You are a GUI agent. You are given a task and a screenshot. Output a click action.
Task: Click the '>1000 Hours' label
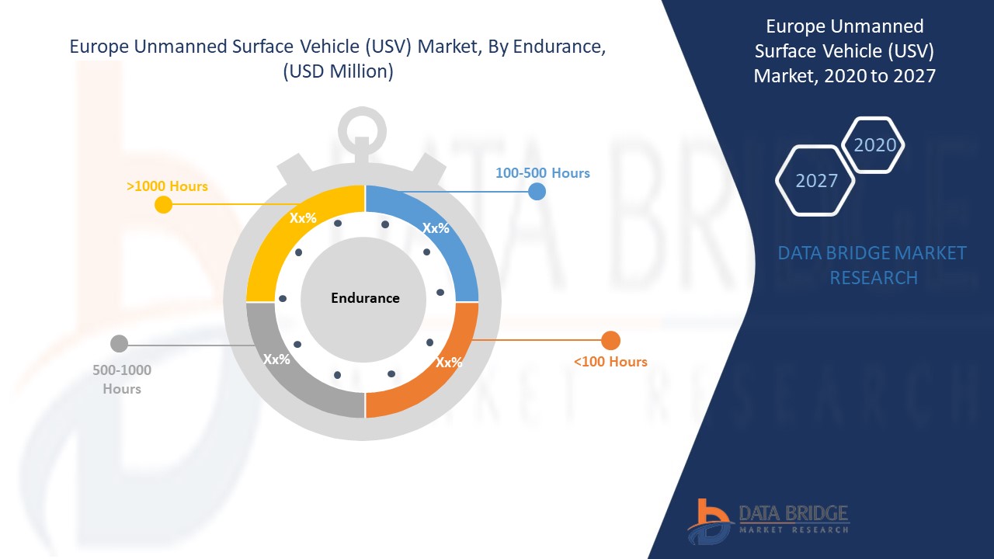(x=167, y=186)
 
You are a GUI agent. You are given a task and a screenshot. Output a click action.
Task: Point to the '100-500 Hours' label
(x=542, y=173)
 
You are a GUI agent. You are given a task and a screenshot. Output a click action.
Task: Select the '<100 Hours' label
(x=610, y=362)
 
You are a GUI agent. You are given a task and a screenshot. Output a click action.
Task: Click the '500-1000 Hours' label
(x=122, y=380)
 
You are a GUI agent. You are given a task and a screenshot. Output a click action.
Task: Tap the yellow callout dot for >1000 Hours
(x=163, y=204)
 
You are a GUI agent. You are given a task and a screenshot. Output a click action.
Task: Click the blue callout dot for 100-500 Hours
(x=537, y=192)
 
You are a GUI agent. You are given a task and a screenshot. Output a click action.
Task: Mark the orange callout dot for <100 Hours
(x=610, y=341)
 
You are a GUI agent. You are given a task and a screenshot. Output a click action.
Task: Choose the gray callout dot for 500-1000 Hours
(x=119, y=344)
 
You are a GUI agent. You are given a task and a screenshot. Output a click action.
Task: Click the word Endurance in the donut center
(x=365, y=298)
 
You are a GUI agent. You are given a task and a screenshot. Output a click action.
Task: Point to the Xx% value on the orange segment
(x=449, y=363)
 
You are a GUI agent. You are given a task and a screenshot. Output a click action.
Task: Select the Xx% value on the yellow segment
(x=303, y=218)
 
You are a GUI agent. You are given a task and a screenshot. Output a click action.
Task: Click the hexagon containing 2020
(x=874, y=145)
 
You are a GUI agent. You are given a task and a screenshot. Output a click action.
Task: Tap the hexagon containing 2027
(x=815, y=181)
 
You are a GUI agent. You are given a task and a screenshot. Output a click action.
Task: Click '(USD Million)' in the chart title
(x=338, y=71)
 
